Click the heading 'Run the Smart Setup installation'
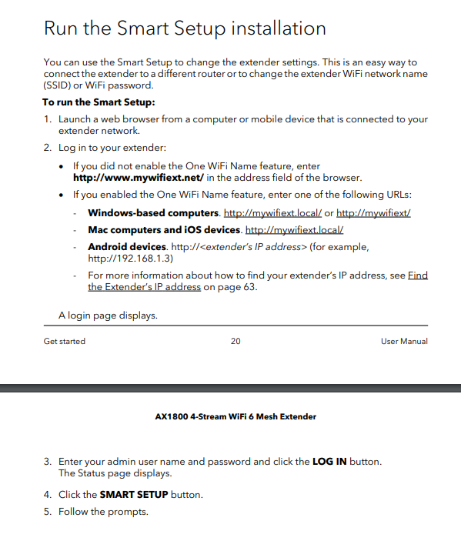point(185,29)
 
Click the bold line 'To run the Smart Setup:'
point(99,102)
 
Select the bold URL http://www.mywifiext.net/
point(139,177)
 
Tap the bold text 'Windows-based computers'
point(154,212)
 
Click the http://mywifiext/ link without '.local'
point(373,212)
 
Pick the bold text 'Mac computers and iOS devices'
point(165,230)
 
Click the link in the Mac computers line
point(294,230)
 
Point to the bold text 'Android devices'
point(127,247)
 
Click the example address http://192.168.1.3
point(131,259)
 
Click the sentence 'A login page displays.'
point(109,316)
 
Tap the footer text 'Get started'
point(65,341)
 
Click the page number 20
point(236,341)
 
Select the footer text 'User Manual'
point(404,341)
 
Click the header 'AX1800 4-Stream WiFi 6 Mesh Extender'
point(236,417)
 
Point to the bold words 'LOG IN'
point(329,462)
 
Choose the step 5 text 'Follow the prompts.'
point(103,512)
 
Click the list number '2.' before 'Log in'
point(48,147)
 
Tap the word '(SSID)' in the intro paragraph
point(58,85)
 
